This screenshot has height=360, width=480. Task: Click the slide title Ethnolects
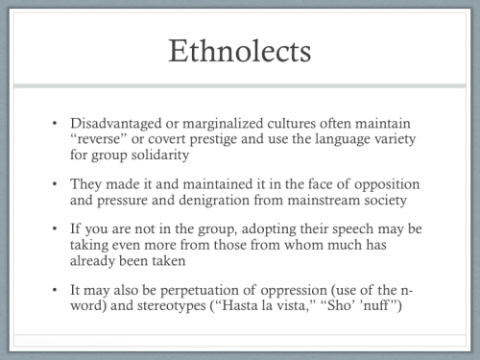(x=240, y=51)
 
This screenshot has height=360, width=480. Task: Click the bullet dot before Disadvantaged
(x=56, y=126)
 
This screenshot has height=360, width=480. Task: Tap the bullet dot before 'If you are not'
(x=56, y=228)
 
